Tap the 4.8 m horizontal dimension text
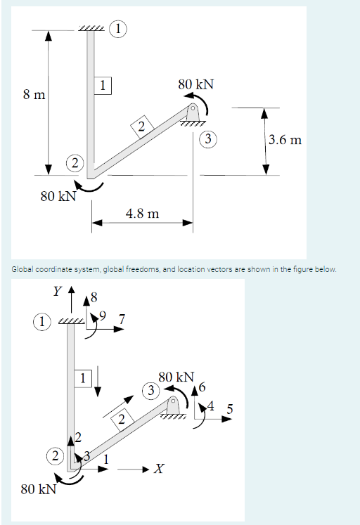141,212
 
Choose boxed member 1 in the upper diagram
103,86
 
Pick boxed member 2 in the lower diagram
122,420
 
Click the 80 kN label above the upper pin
196,84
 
